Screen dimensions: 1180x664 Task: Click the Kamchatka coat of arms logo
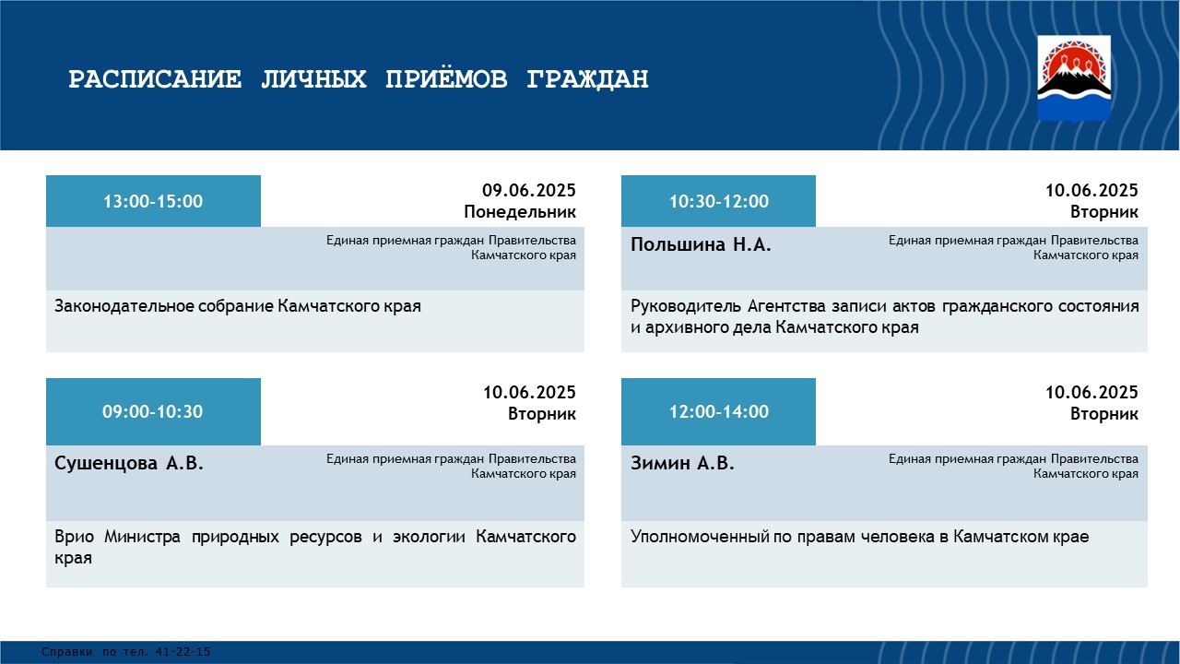coord(1074,78)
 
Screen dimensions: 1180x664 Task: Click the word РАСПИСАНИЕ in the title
coord(155,79)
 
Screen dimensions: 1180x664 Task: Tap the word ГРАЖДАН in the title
coord(587,79)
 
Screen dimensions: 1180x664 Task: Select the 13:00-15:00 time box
coord(153,201)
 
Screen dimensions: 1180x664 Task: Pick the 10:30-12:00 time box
coord(718,201)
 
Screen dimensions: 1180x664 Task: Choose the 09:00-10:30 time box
coord(153,411)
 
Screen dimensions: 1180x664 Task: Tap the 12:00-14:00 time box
coord(718,411)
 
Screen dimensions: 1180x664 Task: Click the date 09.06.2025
coord(529,190)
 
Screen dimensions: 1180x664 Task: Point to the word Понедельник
coord(520,212)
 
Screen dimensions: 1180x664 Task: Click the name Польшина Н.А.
coord(701,244)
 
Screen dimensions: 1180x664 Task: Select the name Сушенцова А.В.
coord(128,463)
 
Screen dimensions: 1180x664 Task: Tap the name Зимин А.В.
coord(682,463)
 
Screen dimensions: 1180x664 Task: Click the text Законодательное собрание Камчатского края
coord(238,306)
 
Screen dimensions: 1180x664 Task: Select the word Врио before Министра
coord(75,537)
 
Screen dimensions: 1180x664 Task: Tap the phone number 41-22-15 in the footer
coord(183,652)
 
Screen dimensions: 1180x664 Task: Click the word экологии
coord(429,537)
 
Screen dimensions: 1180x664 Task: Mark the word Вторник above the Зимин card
coord(1104,414)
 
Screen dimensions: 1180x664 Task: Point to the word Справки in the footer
coord(67,652)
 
